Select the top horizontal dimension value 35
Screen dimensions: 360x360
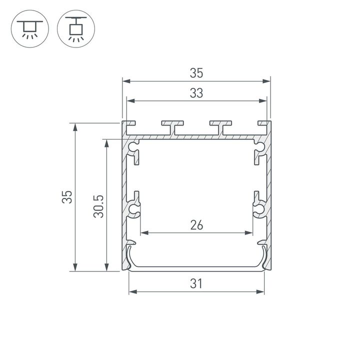pyautogui.click(x=196, y=73)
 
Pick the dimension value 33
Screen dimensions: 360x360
pyautogui.click(x=196, y=94)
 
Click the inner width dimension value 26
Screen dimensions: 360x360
pyautogui.click(x=196, y=225)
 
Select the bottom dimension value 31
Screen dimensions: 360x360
pyautogui.click(x=196, y=284)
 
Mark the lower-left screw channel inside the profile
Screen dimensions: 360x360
pyautogui.click(x=133, y=208)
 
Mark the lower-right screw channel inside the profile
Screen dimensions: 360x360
pyautogui.click(x=259, y=208)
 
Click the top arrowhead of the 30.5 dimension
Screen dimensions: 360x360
pyautogui.click(x=106, y=142)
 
